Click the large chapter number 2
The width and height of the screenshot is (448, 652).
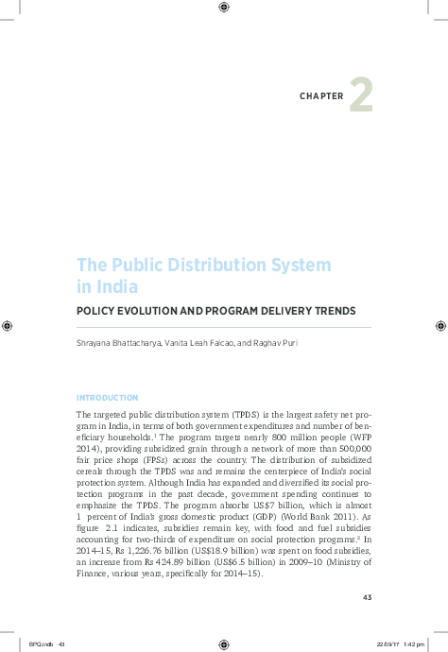click(x=361, y=95)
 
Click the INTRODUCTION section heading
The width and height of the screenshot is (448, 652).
click(x=107, y=398)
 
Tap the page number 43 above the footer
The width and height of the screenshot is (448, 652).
click(x=368, y=596)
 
